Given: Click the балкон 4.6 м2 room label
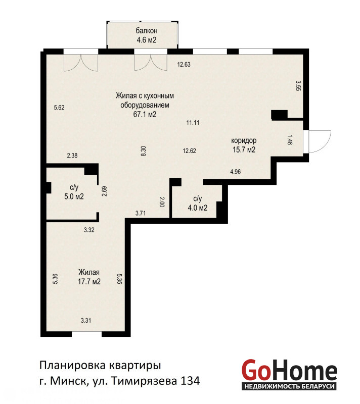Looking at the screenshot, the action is (146, 35).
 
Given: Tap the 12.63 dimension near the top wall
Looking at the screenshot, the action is (184, 65).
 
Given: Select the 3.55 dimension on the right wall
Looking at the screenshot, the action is (298, 85).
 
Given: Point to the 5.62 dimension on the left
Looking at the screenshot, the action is (59, 108).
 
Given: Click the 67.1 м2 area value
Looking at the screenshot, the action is (145, 115).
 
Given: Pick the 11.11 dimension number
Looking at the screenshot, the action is (193, 123).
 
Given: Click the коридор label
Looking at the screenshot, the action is (244, 141).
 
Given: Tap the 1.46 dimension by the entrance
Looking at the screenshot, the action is (290, 139).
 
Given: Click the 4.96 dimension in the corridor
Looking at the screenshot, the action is (236, 172).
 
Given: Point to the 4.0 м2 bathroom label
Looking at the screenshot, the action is (198, 208).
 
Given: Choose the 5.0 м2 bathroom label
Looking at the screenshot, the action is (74, 196).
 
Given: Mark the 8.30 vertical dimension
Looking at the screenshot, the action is (144, 151).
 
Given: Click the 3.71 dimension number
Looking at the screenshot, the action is (141, 213).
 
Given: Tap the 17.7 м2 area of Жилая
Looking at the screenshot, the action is (89, 282).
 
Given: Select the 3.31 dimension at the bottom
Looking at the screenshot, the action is (86, 321).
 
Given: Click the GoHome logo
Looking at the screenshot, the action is (289, 374).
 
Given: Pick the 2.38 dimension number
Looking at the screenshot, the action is (72, 156).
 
